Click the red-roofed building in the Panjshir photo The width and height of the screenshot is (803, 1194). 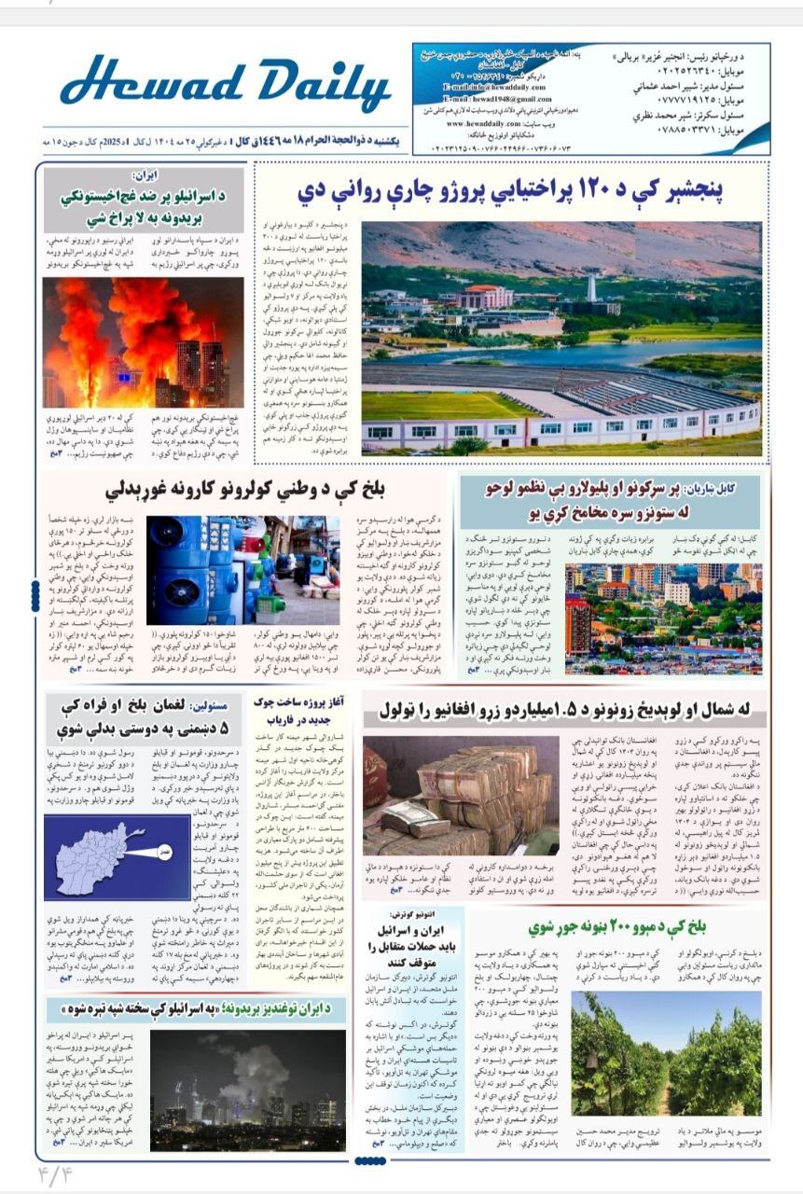point(484,297)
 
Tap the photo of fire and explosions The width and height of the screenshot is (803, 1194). point(143,341)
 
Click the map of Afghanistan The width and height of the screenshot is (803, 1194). point(104,855)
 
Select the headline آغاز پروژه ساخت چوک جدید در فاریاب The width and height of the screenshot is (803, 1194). point(299,715)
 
